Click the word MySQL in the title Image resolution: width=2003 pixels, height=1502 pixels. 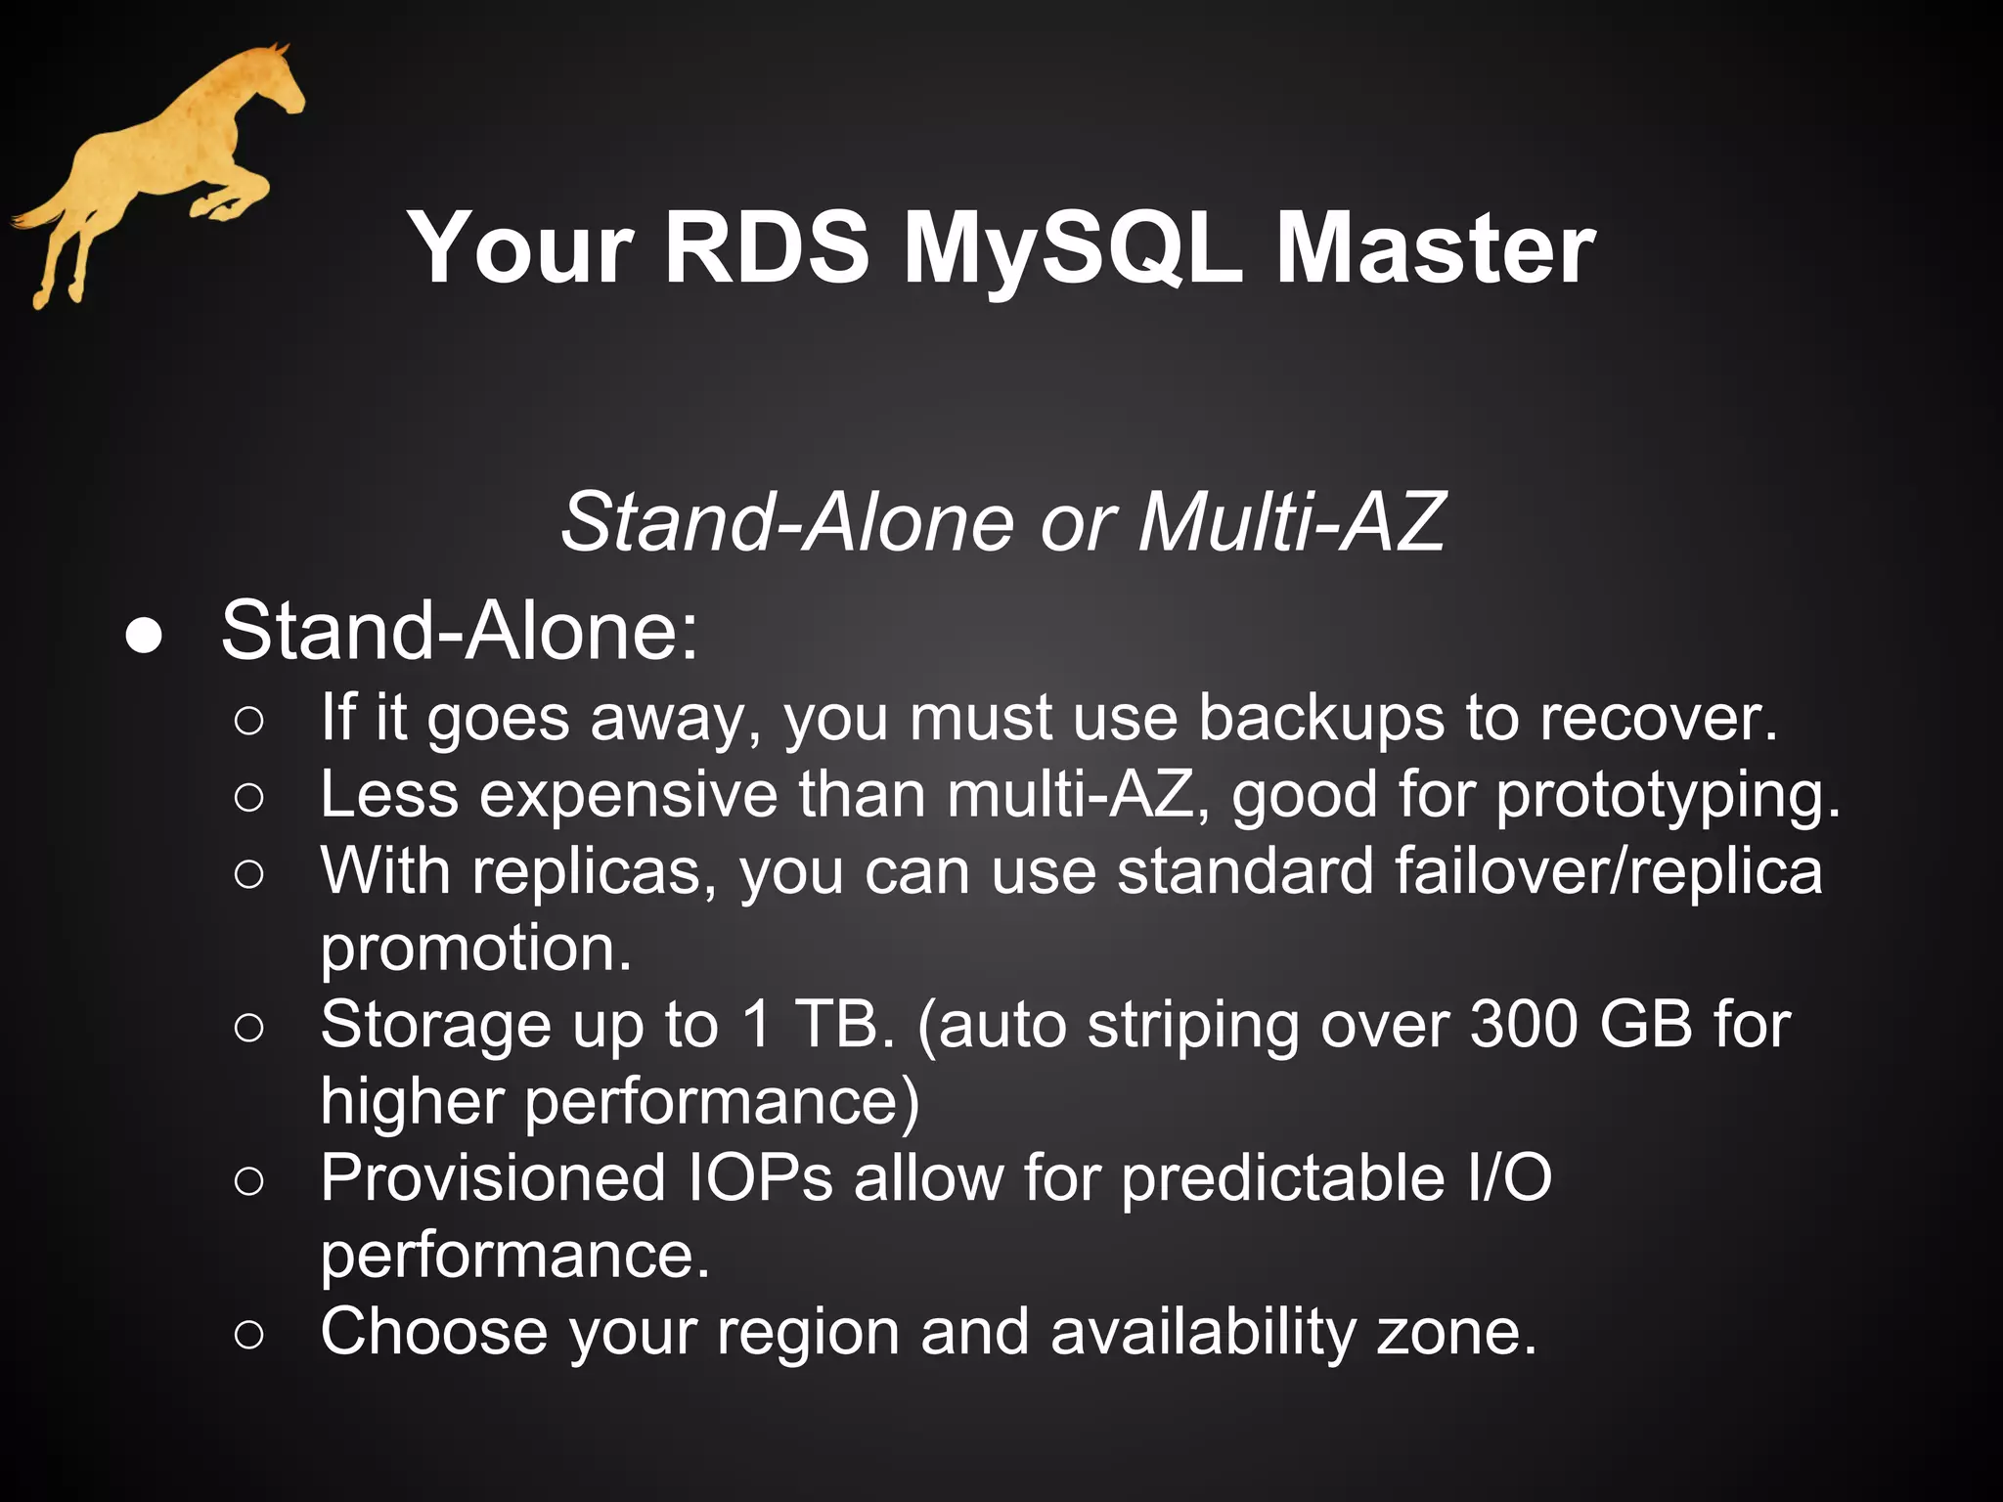tap(1072, 250)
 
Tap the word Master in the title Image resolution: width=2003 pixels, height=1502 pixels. tap(1435, 250)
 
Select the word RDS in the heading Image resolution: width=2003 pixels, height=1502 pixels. tap(766, 250)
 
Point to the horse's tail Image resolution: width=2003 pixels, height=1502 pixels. tap(39, 217)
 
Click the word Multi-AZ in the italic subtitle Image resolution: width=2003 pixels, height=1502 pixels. tap(1291, 522)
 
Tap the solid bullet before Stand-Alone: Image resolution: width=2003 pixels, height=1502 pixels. tap(144, 636)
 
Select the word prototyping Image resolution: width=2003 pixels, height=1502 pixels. tap(1668, 795)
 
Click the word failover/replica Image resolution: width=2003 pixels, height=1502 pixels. tap(1608, 870)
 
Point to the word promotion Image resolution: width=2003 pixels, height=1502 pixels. tap(475, 948)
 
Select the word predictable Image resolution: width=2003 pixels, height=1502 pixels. tap(1282, 1177)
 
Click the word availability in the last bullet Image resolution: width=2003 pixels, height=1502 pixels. tap(1203, 1332)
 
